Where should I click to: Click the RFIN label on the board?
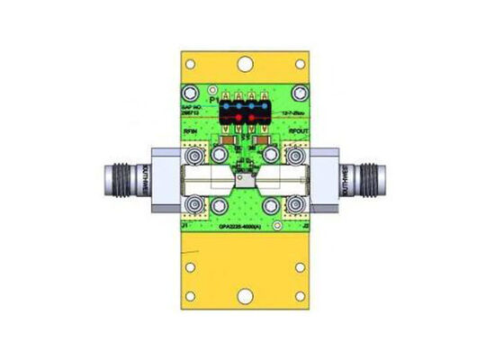[x=191, y=131]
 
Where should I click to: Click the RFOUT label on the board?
[x=299, y=131]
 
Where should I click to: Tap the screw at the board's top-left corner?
[x=191, y=93]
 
